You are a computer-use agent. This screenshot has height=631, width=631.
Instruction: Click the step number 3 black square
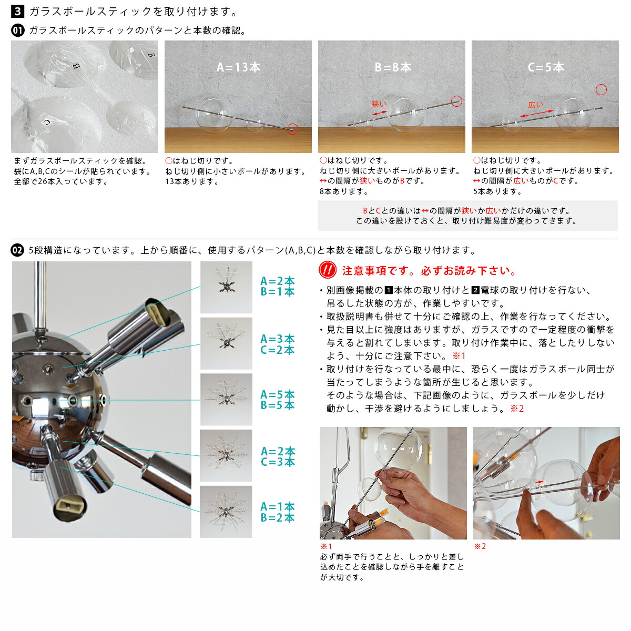click(x=18, y=11)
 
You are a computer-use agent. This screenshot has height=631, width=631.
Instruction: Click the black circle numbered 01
click(x=18, y=30)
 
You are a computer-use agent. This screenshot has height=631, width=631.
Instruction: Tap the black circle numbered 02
click(x=18, y=250)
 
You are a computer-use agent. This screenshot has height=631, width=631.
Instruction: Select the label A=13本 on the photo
click(x=238, y=67)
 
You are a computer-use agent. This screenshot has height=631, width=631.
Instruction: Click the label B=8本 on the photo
click(x=392, y=67)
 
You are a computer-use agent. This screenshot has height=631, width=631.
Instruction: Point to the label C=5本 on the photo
click(x=546, y=67)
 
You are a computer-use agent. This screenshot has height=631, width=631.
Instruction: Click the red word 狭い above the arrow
click(x=379, y=104)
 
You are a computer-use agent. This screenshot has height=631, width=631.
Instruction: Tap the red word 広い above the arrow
click(x=535, y=105)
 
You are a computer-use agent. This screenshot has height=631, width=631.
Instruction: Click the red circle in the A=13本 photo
click(x=293, y=128)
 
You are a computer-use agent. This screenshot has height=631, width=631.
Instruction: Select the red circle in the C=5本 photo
click(x=601, y=89)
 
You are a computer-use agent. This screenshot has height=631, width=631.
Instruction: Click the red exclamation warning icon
click(x=328, y=270)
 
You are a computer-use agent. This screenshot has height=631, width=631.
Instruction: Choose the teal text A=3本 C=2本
click(x=278, y=344)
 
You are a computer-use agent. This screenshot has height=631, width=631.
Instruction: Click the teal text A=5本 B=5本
click(x=278, y=400)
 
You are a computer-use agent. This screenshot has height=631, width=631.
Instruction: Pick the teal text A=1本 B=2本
click(x=278, y=512)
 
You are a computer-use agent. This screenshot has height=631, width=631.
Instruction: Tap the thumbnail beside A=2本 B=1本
click(x=226, y=287)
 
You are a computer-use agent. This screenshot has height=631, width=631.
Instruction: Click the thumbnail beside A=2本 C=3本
click(x=226, y=456)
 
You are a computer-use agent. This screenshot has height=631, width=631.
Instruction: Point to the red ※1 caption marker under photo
click(x=326, y=546)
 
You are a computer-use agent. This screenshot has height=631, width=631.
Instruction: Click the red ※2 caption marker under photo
click(x=480, y=546)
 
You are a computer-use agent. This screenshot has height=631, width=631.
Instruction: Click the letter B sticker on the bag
click(x=76, y=66)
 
